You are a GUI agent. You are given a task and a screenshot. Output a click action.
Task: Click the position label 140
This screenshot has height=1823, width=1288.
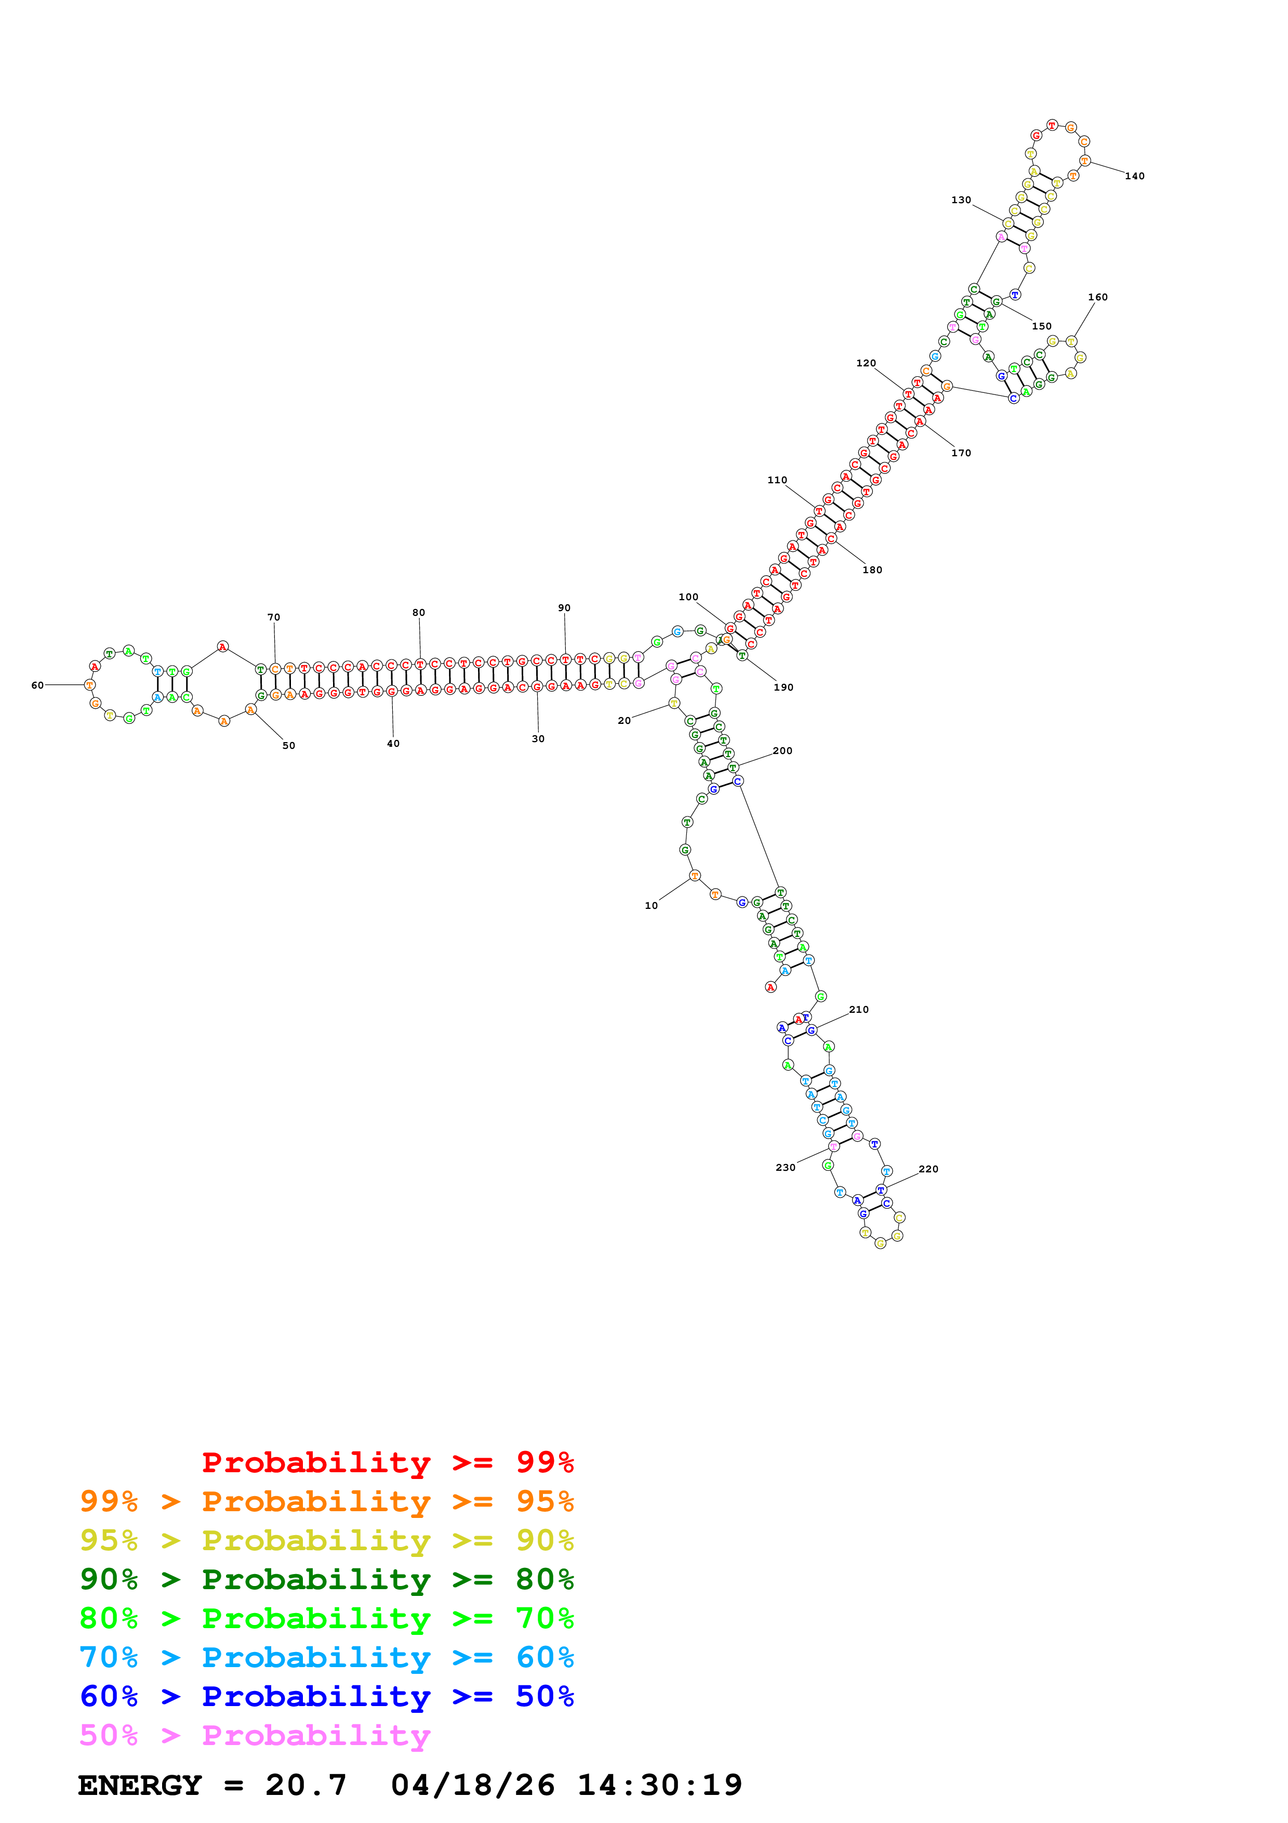1134,176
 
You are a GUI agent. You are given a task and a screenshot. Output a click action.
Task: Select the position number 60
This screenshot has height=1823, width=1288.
37,685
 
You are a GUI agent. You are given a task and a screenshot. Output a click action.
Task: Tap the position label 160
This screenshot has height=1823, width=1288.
1097,297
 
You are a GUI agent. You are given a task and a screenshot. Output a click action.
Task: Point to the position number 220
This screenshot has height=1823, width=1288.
928,1169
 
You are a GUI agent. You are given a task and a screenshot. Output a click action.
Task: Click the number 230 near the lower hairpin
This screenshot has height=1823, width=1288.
785,1167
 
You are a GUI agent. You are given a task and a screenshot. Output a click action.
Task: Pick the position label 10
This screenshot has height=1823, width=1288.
650,905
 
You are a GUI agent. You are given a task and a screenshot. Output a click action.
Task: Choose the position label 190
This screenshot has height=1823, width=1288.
784,688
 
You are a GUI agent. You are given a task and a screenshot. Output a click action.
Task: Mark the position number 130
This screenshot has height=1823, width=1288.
961,200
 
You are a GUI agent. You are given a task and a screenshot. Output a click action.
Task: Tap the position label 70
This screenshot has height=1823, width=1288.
274,617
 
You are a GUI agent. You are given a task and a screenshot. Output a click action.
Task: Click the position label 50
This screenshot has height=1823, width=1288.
289,746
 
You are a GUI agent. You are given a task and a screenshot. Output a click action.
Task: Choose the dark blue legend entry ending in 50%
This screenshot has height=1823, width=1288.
326,1697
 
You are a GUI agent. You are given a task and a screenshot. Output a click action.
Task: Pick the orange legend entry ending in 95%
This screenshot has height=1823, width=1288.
326,1501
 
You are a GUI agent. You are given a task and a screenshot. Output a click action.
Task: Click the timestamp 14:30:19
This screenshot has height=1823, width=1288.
659,1785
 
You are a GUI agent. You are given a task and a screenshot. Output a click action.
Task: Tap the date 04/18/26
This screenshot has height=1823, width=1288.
472,1785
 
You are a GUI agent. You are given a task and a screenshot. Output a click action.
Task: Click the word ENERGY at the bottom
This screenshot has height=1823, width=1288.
140,1785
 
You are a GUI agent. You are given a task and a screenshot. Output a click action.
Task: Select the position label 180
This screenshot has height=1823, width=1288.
872,570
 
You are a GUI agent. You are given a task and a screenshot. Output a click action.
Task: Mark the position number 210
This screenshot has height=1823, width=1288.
859,1010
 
